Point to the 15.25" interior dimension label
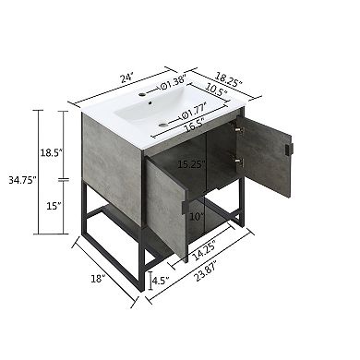point(191,165)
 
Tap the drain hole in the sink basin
point(162,124)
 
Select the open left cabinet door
point(166,205)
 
